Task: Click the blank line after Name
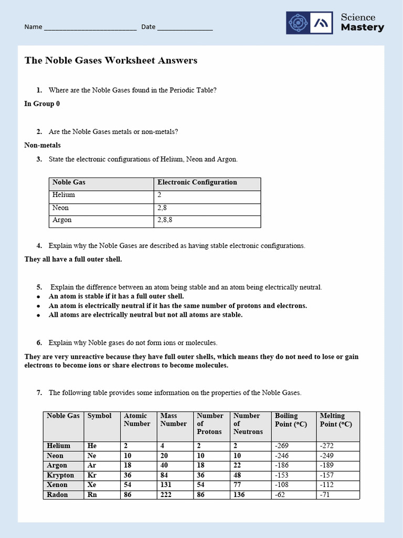click(90, 27)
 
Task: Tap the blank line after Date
click(185, 27)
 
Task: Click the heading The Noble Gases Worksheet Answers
click(111, 60)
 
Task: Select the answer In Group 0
click(42, 104)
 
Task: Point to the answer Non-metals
click(43, 145)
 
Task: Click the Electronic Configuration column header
click(197, 183)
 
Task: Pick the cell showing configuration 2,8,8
click(165, 220)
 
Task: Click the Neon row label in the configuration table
click(61, 208)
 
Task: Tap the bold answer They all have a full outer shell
click(73, 260)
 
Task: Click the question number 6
click(39, 343)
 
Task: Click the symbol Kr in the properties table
click(92, 475)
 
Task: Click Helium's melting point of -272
click(327, 446)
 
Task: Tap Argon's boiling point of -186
click(282, 465)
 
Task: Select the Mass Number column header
click(173, 420)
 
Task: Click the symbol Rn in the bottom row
click(92, 495)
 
